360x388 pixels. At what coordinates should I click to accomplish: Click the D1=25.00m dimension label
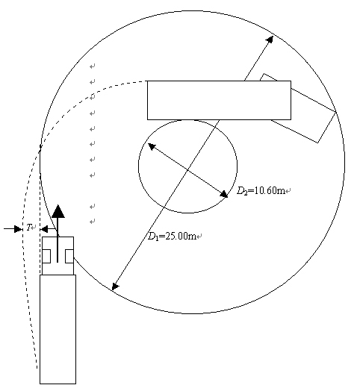(x=172, y=236)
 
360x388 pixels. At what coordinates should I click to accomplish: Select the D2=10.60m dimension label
(x=261, y=191)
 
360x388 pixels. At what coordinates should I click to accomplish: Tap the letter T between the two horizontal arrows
(x=29, y=227)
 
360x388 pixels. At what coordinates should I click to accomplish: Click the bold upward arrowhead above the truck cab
(x=58, y=211)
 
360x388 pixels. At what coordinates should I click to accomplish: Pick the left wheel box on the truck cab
(x=46, y=256)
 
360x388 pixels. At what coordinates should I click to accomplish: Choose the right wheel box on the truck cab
(x=69, y=256)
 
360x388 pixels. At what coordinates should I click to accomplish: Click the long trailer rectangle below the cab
(x=58, y=329)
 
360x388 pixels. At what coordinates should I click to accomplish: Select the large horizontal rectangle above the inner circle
(x=219, y=100)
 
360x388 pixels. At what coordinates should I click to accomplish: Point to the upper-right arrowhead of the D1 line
(x=270, y=40)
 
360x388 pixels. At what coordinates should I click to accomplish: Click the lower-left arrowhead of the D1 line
(x=115, y=286)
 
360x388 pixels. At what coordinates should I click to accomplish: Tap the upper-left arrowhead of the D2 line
(x=152, y=146)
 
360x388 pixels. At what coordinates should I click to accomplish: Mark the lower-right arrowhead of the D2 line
(x=224, y=194)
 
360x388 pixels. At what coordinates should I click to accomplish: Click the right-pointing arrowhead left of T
(x=18, y=229)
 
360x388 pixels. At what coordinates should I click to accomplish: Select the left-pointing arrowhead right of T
(x=44, y=229)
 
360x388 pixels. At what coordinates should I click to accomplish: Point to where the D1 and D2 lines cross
(x=187, y=169)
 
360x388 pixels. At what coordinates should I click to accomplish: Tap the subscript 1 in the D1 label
(x=156, y=239)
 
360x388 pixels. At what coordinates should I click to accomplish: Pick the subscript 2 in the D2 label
(x=246, y=193)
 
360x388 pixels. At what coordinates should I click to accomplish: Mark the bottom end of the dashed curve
(x=37, y=368)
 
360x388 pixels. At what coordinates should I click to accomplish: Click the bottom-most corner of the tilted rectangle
(x=317, y=143)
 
